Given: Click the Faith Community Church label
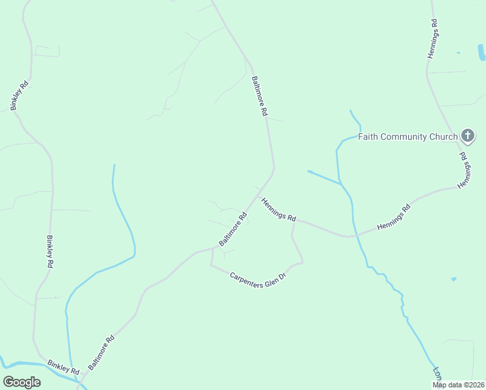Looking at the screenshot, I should [408, 136].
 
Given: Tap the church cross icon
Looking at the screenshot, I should [467, 136].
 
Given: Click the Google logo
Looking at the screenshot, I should [21, 382].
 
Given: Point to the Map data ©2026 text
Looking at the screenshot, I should [458, 385].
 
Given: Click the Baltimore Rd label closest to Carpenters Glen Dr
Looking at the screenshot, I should [233, 229].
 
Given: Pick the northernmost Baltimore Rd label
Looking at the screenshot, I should [259, 96].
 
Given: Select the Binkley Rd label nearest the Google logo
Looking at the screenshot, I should [62, 366].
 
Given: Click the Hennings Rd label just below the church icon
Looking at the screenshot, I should [463, 171].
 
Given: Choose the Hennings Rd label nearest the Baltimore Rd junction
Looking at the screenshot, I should [279, 208].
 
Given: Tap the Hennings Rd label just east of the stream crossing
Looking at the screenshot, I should [394, 218].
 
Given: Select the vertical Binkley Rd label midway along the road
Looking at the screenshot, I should [49, 252].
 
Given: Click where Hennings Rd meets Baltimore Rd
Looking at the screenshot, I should [259, 192].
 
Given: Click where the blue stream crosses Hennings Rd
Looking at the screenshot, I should [353, 235].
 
